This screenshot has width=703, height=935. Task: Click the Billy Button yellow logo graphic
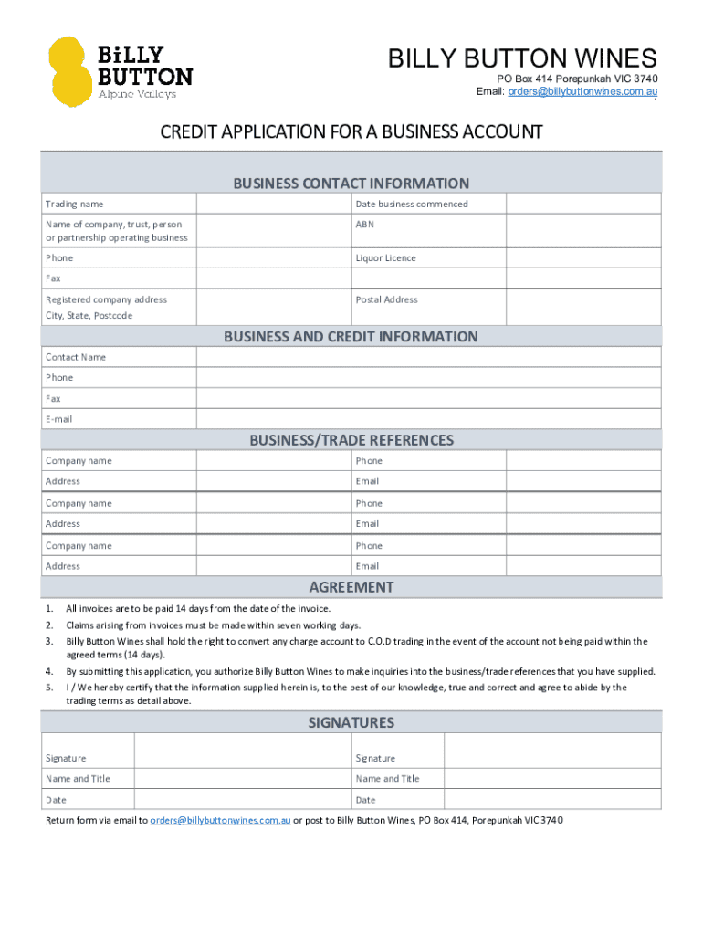[71, 71]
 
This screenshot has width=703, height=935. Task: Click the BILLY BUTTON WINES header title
[522, 59]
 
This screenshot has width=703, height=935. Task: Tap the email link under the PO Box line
[582, 92]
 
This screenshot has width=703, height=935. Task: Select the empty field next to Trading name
[274, 204]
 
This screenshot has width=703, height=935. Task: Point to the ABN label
[365, 225]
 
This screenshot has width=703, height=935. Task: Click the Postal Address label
[386, 299]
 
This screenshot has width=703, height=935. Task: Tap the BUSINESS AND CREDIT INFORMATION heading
[351, 337]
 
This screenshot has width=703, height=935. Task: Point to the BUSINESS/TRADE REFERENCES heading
[351, 440]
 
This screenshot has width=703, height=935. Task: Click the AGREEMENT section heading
[351, 587]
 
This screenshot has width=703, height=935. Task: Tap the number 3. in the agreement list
[49, 642]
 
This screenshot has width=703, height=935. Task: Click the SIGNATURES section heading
[351, 722]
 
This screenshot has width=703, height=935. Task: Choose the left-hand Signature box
[242, 751]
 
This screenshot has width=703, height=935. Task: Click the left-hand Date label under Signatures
[56, 800]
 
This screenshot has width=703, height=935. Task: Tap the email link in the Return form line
[220, 820]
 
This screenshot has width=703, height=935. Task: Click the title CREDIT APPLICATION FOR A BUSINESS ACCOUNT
[351, 132]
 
